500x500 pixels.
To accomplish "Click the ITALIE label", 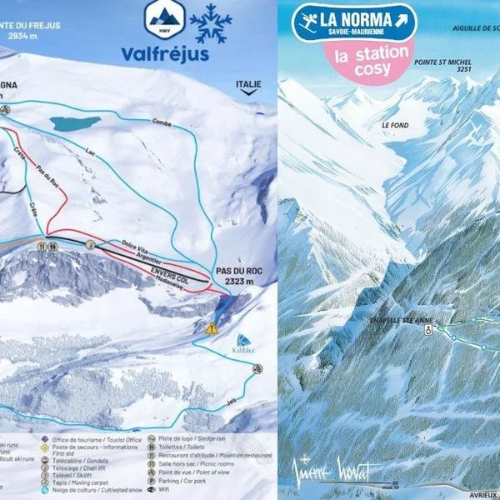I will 248,84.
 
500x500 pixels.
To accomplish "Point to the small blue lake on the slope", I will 74,123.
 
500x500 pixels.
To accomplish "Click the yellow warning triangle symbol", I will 212,328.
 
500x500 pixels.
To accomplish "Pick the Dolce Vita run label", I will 133,242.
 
